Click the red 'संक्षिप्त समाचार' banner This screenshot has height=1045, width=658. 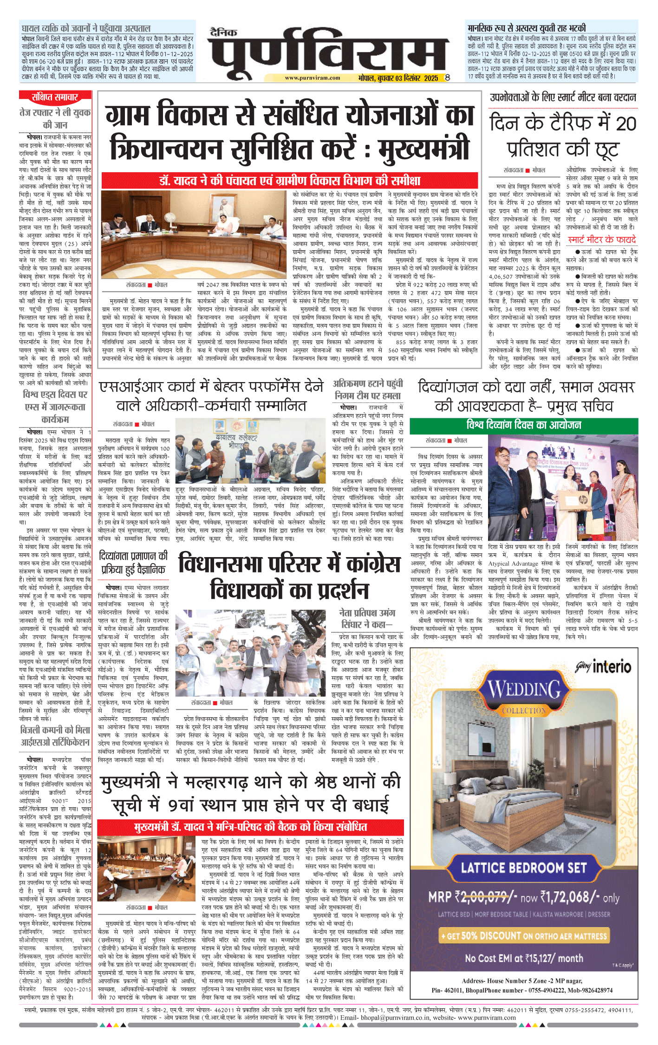55,97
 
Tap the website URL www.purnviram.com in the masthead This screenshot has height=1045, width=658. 312,78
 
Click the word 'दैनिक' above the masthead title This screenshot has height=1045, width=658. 223,32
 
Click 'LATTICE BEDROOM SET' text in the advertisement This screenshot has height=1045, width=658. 524,868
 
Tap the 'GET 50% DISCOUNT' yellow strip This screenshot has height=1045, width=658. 524,935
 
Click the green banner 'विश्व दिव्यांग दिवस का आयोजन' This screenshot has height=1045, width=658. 523,425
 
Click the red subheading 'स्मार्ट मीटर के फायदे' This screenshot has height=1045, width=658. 601,240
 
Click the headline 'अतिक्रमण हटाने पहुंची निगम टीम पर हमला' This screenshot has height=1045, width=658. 367,389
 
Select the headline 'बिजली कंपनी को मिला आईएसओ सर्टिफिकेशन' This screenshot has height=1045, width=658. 55,736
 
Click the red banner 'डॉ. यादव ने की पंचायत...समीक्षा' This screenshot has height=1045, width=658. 289,181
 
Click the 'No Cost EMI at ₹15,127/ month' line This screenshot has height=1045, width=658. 524,958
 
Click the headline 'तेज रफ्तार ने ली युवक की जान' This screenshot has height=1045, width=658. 55,118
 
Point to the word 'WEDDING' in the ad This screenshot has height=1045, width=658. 524,689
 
